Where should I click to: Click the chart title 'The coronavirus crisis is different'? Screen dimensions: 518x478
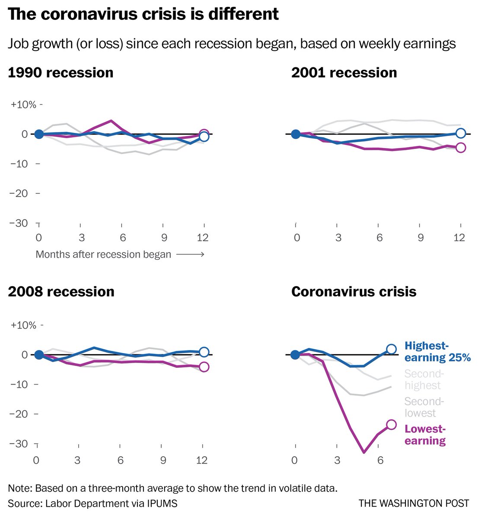tap(143, 15)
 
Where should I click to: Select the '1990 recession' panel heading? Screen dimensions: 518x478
tap(61, 73)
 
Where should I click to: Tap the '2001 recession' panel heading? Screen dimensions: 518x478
tap(344, 73)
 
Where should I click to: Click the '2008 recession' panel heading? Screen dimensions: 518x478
tap(61, 291)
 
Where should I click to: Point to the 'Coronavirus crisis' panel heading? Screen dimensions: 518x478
tap(354, 291)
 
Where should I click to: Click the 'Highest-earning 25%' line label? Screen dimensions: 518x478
tap(437, 351)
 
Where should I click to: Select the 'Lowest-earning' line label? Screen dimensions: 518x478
tap(425, 435)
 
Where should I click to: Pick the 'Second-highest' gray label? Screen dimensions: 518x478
tap(424, 379)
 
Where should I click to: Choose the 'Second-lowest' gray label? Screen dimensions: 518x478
tap(424, 407)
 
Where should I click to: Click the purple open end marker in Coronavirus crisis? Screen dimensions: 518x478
tap(391, 424)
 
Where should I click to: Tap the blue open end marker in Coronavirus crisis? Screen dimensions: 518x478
tap(391, 349)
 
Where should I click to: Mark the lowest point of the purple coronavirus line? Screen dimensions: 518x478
tap(364, 452)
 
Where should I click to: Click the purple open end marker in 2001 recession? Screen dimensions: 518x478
tap(461, 148)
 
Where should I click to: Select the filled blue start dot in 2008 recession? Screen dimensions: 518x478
tap(38, 355)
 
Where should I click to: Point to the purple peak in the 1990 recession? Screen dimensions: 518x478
tap(111, 121)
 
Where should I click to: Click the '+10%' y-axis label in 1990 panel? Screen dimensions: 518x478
tap(24, 104)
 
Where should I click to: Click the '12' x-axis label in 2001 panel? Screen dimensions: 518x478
tap(459, 237)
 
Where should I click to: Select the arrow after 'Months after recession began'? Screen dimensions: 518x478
tap(190, 255)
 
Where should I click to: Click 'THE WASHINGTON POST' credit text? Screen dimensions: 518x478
tap(414, 503)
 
